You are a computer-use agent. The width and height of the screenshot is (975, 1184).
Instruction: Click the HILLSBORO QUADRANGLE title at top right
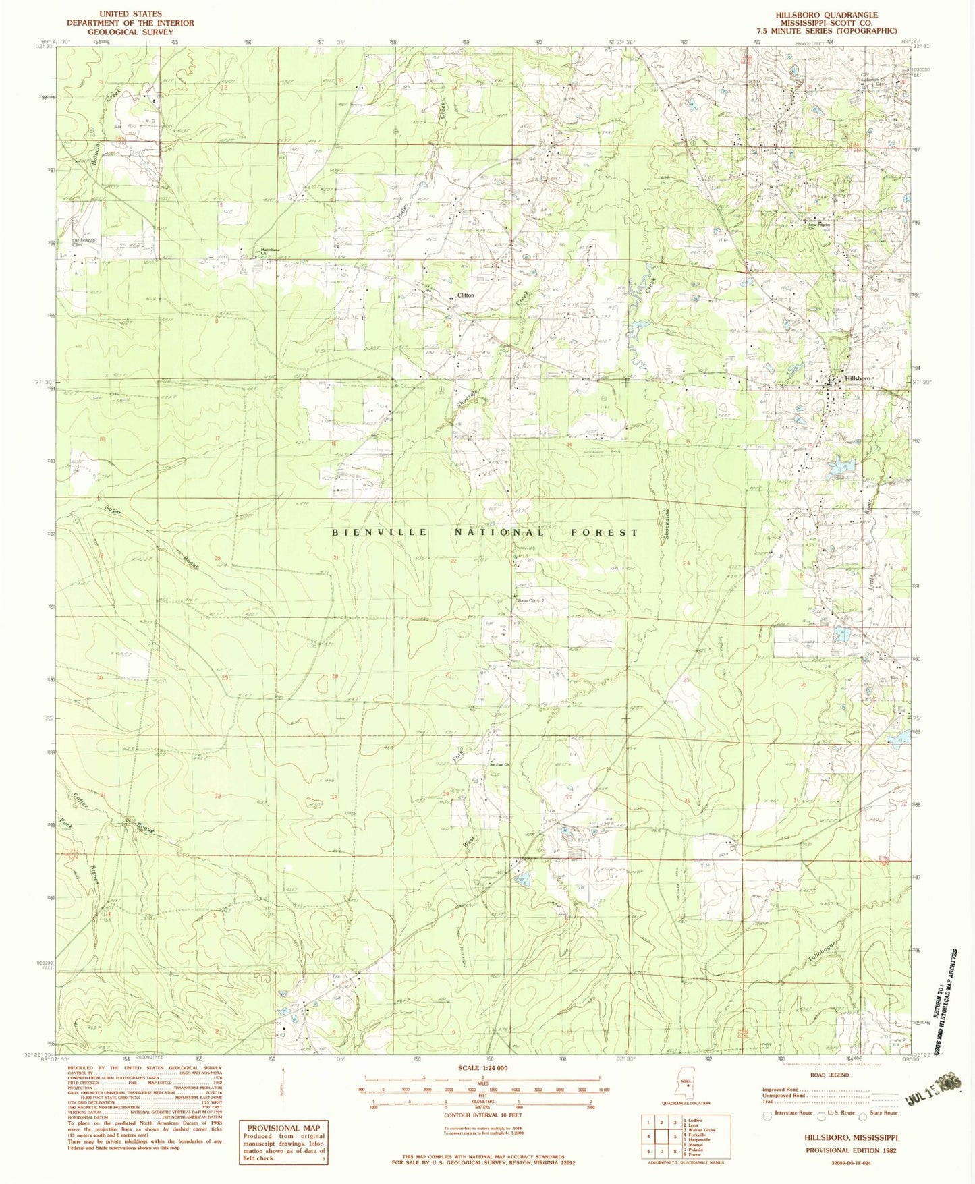(835, 14)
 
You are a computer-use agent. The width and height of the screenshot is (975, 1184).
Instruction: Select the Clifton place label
(466, 295)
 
